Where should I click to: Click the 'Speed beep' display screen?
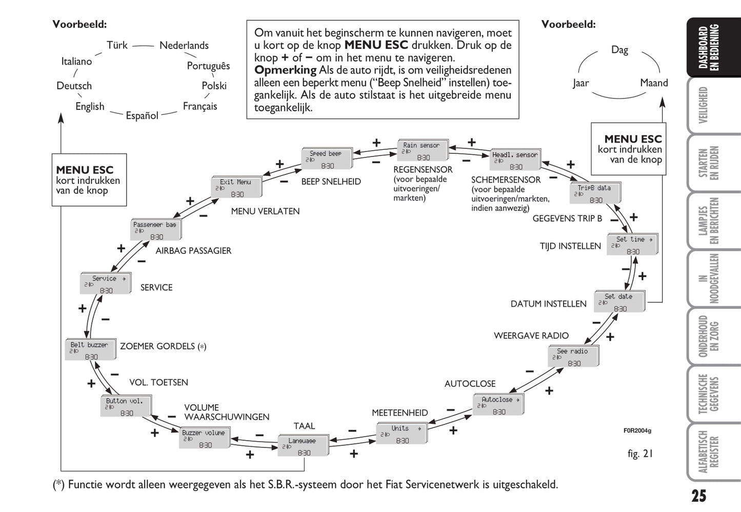click(x=326, y=159)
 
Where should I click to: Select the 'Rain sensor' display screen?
click(x=422, y=151)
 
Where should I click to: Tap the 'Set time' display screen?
click(x=632, y=245)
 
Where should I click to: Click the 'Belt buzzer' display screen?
click(x=90, y=350)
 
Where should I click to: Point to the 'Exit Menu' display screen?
click(x=236, y=188)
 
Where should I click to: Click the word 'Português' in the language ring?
click(x=208, y=66)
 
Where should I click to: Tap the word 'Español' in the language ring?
click(x=142, y=115)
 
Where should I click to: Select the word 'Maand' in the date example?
click(x=654, y=83)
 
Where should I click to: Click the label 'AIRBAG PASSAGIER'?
click(x=193, y=250)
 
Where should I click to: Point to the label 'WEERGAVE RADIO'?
click(x=531, y=336)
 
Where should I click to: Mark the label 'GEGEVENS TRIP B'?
click(x=567, y=218)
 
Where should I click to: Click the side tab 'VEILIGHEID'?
click(x=704, y=105)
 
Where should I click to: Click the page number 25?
click(x=698, y=496)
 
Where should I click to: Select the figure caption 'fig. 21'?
click(x=640, y=454)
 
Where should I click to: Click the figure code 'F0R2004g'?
click(x=637, y=430)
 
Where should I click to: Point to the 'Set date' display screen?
click(x=619, y=302)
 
